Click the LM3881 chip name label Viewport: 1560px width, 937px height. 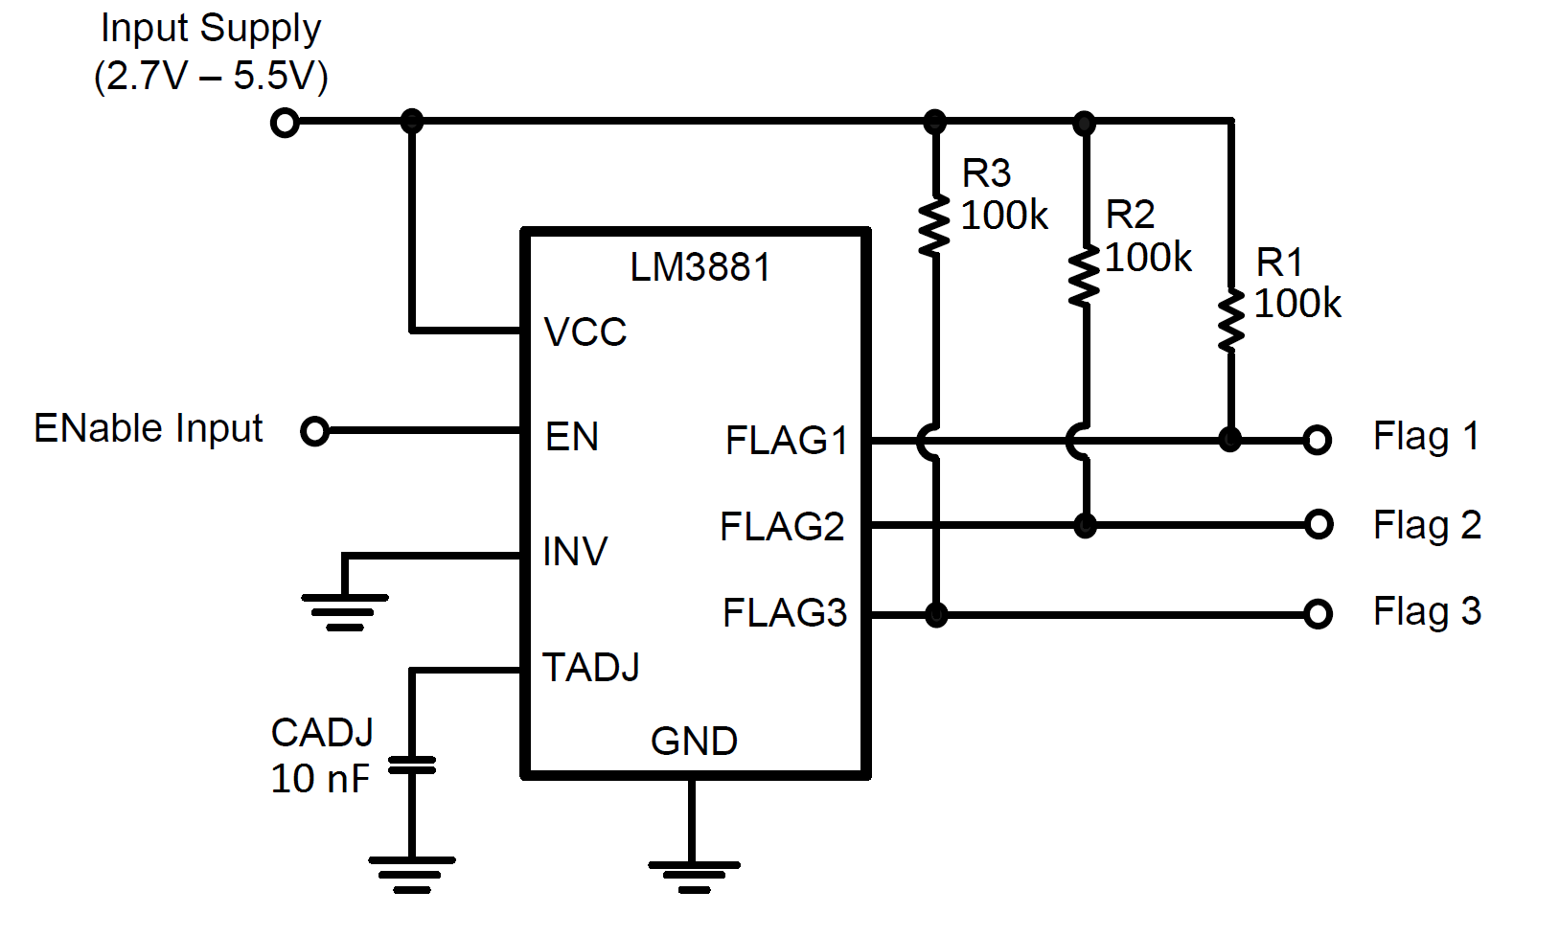700,267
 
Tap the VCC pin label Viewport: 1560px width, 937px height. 585,332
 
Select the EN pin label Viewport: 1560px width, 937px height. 571,437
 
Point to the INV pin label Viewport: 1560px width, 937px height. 574,552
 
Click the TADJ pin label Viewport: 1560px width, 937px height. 590,668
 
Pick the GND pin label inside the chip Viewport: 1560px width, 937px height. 694,742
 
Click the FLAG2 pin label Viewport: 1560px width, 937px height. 782,527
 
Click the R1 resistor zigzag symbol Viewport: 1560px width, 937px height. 1231,321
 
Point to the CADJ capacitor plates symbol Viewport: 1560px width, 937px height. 412,765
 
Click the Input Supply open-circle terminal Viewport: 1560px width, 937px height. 285,123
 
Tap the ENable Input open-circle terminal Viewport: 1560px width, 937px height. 314,431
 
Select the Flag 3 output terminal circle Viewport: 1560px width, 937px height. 1319,613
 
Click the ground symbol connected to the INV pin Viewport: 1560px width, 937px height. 345,611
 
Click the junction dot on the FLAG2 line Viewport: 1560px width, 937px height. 1085,525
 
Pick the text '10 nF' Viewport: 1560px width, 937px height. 319,779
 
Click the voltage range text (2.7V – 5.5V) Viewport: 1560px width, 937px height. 211,76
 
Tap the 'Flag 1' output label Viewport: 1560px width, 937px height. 1426,437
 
